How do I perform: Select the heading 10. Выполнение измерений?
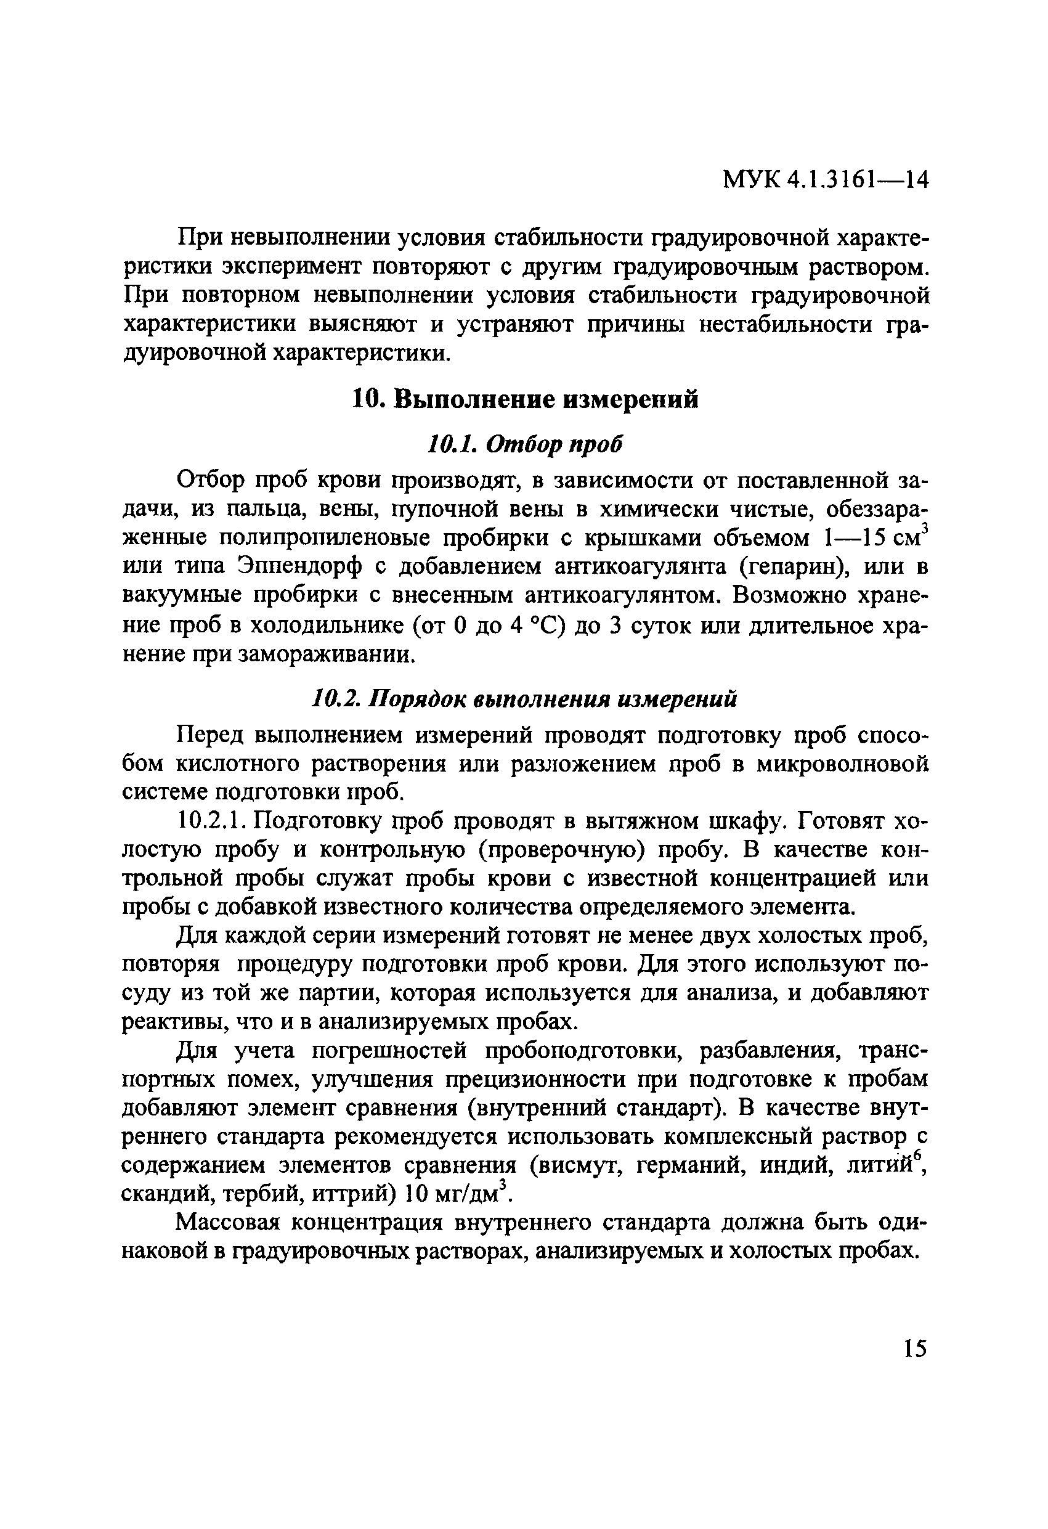524,400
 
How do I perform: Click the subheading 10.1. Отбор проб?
524,446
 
